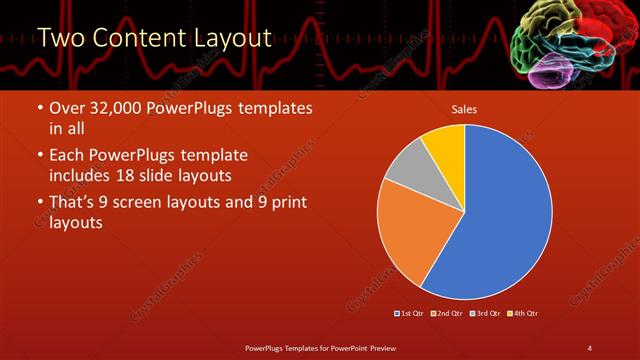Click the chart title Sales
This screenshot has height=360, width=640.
[x=465, y=108]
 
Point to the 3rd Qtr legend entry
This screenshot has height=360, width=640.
[x=483, y=313]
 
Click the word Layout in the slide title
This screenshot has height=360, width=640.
[x=230, y=39]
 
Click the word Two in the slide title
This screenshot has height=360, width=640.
[x=62, y=39]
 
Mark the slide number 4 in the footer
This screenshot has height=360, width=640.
[x=589, y=347]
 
